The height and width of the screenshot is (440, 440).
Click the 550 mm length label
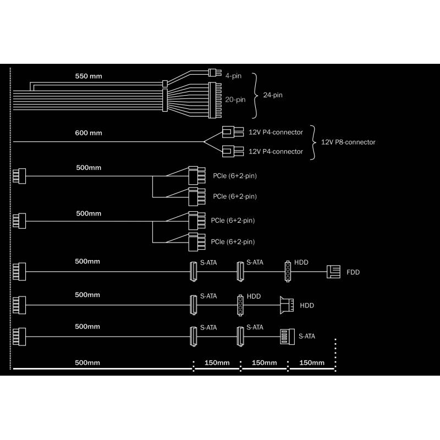click(89, 76)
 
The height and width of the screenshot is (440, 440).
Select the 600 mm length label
click(89, 133)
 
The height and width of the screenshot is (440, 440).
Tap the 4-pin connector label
click(233, 76)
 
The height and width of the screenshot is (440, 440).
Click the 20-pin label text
click(235, 100)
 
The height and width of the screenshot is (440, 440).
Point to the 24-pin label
click(273, 95)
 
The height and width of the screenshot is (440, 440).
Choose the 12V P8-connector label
click(348, 142)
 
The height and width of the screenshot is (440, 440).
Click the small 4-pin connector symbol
click(215, 73)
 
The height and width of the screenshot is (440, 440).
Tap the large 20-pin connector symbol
click(215, 100)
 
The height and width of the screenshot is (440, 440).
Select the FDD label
click(353, 272)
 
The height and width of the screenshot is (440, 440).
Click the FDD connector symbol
click(334, 272)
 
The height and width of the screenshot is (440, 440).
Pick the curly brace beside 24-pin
click(255, 96)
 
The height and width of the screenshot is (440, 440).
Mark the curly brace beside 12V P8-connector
click(313, 142)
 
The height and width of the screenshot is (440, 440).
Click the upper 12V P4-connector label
click(276, 132)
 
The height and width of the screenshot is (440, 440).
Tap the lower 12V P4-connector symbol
click(233, 151)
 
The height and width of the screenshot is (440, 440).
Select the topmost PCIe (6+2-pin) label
click(235, 176)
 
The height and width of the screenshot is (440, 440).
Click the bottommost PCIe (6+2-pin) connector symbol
click(197, 242)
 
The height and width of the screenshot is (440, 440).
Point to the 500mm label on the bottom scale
click(87, 362)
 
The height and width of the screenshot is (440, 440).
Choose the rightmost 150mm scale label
click(312, 362)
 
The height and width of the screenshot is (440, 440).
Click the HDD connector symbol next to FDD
click(288, 271)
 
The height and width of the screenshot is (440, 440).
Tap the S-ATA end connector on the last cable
click(287, 337)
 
